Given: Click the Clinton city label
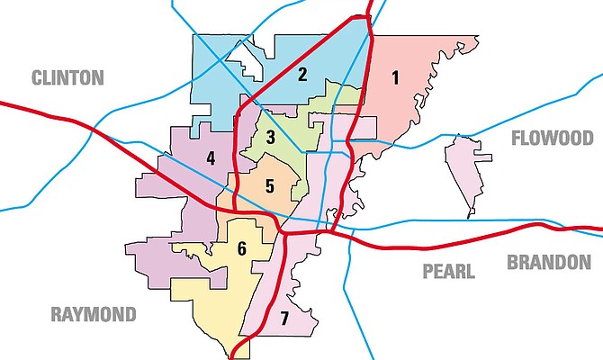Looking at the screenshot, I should [x=67, y=77].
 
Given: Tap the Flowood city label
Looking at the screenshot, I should [x=552, y=138].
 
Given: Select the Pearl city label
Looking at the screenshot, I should [x=447, y=271].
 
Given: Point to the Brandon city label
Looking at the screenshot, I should [x=548, y=262].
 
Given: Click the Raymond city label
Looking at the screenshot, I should [x=94, y=314].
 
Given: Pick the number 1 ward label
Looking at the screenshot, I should [x=394, y=77].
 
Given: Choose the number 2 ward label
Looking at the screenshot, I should [x=303, y=75].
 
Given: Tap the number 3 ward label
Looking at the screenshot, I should [x=270, y=137].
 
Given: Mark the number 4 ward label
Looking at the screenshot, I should [x=210, y=158].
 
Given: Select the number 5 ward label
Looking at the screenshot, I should [x=269, y=186].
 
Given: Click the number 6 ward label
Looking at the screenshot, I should [x=241, y=248].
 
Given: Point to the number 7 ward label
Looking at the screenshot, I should [x=283, y=318].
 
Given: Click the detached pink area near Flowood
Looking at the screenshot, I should [x=469, y=171].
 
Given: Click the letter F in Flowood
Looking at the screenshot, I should [x=516, y=138].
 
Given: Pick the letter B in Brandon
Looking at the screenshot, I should [x=512, y=262].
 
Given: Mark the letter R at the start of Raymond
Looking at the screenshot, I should [x=56, y=314].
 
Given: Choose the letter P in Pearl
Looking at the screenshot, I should [x=427, y=271].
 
